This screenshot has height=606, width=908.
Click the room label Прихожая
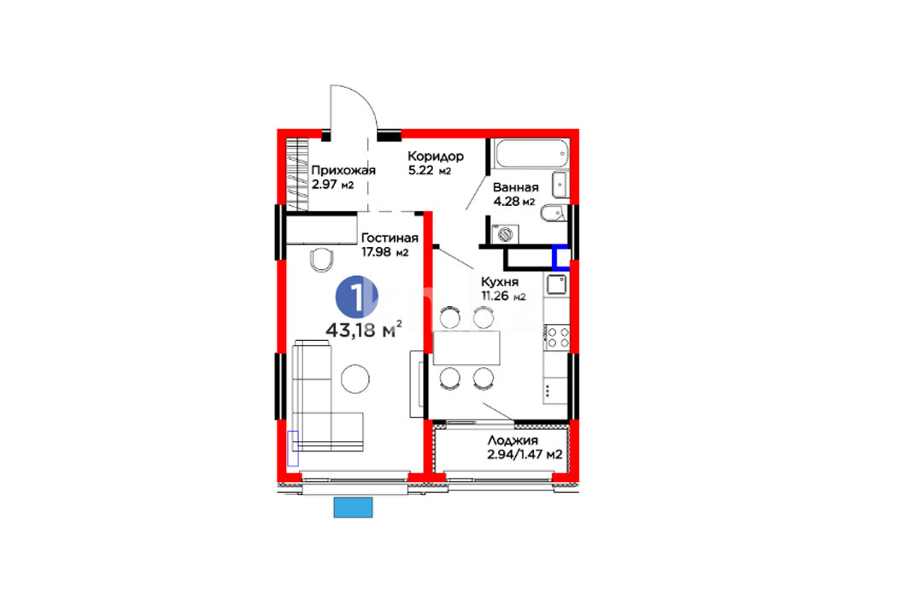coord(343,170)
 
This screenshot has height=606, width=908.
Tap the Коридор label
coord(436,156)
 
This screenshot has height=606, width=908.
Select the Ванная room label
coord(515,187)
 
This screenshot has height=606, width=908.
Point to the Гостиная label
coord(390,238)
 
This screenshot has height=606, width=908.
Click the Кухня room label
coord(500,282)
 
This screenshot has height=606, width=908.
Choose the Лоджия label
coord(513,440)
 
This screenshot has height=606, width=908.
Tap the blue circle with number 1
coord(357,297)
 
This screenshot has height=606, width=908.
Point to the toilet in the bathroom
coord(554,214)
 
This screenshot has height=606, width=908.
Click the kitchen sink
coord(557,285)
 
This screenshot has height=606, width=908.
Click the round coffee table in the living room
coord(355,379)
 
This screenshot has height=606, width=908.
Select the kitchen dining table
coord(466,348)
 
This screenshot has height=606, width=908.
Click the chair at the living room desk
coord(322,260)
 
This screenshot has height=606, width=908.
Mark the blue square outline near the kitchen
coord(560,258)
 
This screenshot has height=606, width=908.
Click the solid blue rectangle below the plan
coord(354,508)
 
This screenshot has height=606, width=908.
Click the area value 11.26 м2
coord(503,296)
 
